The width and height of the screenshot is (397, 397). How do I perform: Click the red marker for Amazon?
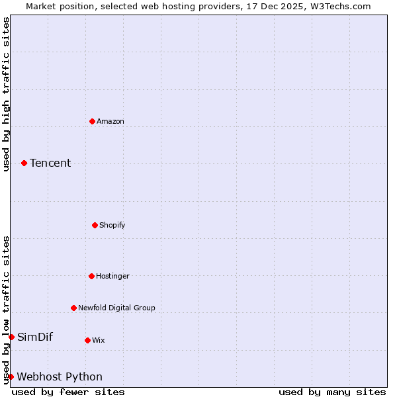tap(92, 121)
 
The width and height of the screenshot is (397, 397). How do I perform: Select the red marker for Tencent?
tap(24, 163)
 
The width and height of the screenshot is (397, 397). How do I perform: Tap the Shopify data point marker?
tap(95, 225)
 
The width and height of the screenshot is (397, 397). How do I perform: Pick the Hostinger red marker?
tap(91, 276)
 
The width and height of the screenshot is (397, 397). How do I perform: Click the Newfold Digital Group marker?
tap(73, 308)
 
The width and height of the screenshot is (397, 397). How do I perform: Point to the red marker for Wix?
tap(87, 340)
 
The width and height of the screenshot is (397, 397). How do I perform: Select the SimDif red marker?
tap(11, 337)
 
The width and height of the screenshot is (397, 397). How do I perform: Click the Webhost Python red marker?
tap(11, 376)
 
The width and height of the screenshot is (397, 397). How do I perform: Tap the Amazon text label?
tap(110, 121)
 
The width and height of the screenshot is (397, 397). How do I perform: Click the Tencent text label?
tap(50, 163)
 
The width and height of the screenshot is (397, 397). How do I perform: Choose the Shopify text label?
tap(112, 225)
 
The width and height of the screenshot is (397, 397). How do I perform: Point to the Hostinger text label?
tap(112, 276)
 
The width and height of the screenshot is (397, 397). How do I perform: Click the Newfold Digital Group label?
tap(116, 308)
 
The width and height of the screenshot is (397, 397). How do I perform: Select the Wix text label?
tap(99, 340)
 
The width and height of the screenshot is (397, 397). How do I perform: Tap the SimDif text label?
tap(35, 337)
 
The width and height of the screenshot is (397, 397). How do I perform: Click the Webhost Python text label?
tap(60, 376)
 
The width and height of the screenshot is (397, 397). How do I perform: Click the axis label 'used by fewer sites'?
tap(68, 392)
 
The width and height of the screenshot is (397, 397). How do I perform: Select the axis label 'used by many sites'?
tap(332, 392)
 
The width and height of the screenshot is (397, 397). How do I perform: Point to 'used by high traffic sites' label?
tap(6, 94)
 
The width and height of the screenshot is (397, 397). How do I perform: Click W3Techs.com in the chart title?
tap(341, 6)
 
